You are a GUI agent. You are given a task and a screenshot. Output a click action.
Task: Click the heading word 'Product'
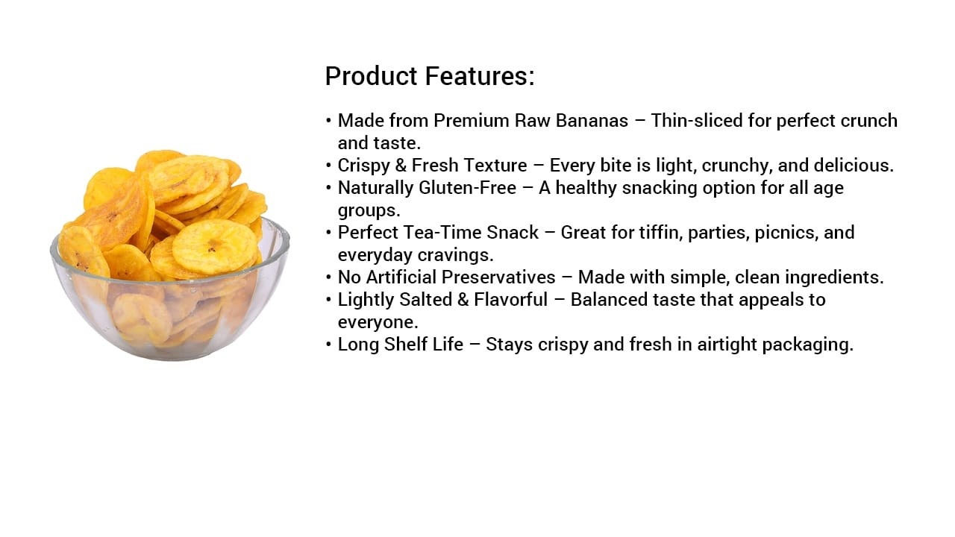(x=371, y=76)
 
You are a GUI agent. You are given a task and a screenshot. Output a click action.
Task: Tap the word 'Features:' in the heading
(x=480, y=76)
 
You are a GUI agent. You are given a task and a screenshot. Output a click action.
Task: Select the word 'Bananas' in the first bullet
(x=592, y=121)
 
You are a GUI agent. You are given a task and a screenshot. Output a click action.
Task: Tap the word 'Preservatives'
(x=498, y=277)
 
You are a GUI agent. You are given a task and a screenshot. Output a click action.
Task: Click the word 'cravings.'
(x=455, y=255)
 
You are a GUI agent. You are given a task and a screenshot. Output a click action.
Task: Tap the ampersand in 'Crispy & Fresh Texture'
(x=401, y=166)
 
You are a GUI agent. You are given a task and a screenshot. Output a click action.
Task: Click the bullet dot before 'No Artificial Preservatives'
(x=328, y=277)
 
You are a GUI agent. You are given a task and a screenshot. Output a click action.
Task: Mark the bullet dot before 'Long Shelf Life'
(x=328, y=345)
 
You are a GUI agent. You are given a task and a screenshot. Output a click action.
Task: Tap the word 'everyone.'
(x=378, y=322)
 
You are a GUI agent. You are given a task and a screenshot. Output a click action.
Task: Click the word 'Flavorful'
(x=511, y=299)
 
